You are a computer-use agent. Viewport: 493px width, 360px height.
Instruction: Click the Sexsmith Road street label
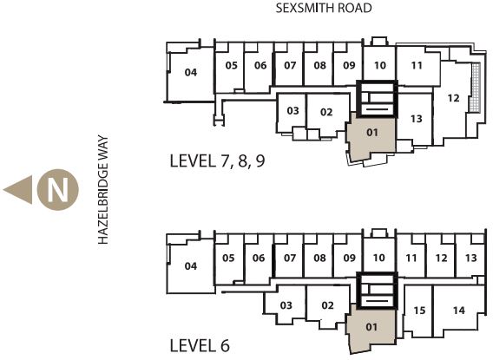[324, 8]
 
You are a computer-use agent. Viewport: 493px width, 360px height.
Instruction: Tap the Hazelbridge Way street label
[103, 190]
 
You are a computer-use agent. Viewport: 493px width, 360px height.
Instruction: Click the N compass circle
[58, 190]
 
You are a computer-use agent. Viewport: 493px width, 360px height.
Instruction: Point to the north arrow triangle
[19, 190]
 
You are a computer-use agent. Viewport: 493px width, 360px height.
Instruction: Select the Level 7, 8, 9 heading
[217, 160]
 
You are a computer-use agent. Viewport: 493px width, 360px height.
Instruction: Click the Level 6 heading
[200, 346]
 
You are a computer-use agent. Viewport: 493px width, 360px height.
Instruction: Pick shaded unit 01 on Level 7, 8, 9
[371, 138]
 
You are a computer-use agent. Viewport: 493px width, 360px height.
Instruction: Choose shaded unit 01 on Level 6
[371, 330]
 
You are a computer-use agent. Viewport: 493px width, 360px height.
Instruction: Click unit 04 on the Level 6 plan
[191, 266]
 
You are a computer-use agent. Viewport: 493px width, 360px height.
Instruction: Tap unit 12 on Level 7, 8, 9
[453, 101]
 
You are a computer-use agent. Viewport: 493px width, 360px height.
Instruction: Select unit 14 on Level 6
[459, 311]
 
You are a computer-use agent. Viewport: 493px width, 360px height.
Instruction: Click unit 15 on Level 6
[418, 311]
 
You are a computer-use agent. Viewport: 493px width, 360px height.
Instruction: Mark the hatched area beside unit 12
[476, 88]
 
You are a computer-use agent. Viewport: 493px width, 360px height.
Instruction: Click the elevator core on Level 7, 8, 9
[378, 99]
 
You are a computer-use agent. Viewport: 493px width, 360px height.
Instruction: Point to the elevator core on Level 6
[378, 291]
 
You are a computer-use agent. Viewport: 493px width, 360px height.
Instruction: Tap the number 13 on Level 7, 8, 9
[417, 119]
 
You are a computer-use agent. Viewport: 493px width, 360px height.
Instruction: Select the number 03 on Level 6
[286, 305]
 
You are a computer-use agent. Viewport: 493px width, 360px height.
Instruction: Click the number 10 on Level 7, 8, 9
[380, 65]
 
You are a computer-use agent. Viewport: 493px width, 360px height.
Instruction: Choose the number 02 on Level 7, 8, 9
[326, 112]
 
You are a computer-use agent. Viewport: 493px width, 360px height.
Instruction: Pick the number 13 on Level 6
[471, 258]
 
